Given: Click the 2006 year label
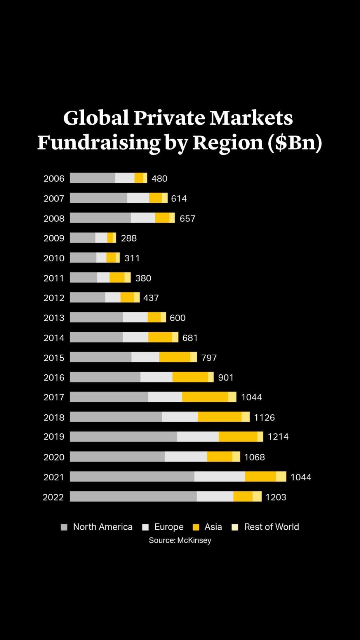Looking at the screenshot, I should coord(54,179).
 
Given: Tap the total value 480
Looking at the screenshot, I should coord(159,179).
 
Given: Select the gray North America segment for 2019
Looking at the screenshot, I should coord(123,437).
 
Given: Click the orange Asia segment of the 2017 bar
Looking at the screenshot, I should coord(205,397).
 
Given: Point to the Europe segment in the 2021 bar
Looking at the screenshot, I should coord(219,477).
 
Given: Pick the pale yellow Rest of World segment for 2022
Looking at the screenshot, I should coord(257,496).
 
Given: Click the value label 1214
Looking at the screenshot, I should coord(278,437).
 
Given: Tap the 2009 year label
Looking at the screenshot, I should coord(54,238).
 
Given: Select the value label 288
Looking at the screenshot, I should coord(129,238).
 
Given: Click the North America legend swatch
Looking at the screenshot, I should coord(64,527).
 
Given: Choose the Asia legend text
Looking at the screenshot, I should coord(213,527).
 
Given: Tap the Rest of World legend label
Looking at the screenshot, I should coord(271,527).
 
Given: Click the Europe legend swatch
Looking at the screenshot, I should coord(146,527).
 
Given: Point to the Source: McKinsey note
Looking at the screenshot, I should coord(180,540).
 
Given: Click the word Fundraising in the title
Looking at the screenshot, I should coord(99,142).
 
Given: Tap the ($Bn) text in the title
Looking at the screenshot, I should coord(295,142).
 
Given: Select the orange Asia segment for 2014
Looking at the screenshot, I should coord(160,337).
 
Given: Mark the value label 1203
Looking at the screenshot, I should coord(276,497).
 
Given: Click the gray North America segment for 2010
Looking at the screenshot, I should coord(83,257).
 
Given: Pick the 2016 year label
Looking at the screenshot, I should coord(54,377).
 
